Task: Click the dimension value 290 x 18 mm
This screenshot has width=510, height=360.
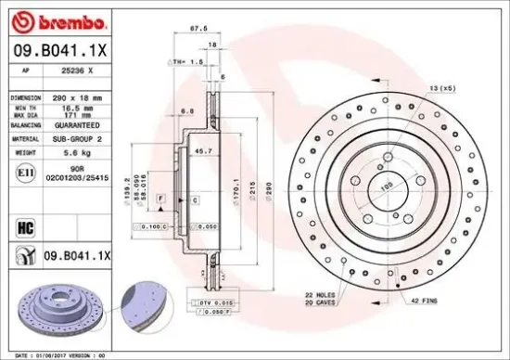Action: (76, 96)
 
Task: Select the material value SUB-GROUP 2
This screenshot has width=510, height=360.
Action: (76, 137)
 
